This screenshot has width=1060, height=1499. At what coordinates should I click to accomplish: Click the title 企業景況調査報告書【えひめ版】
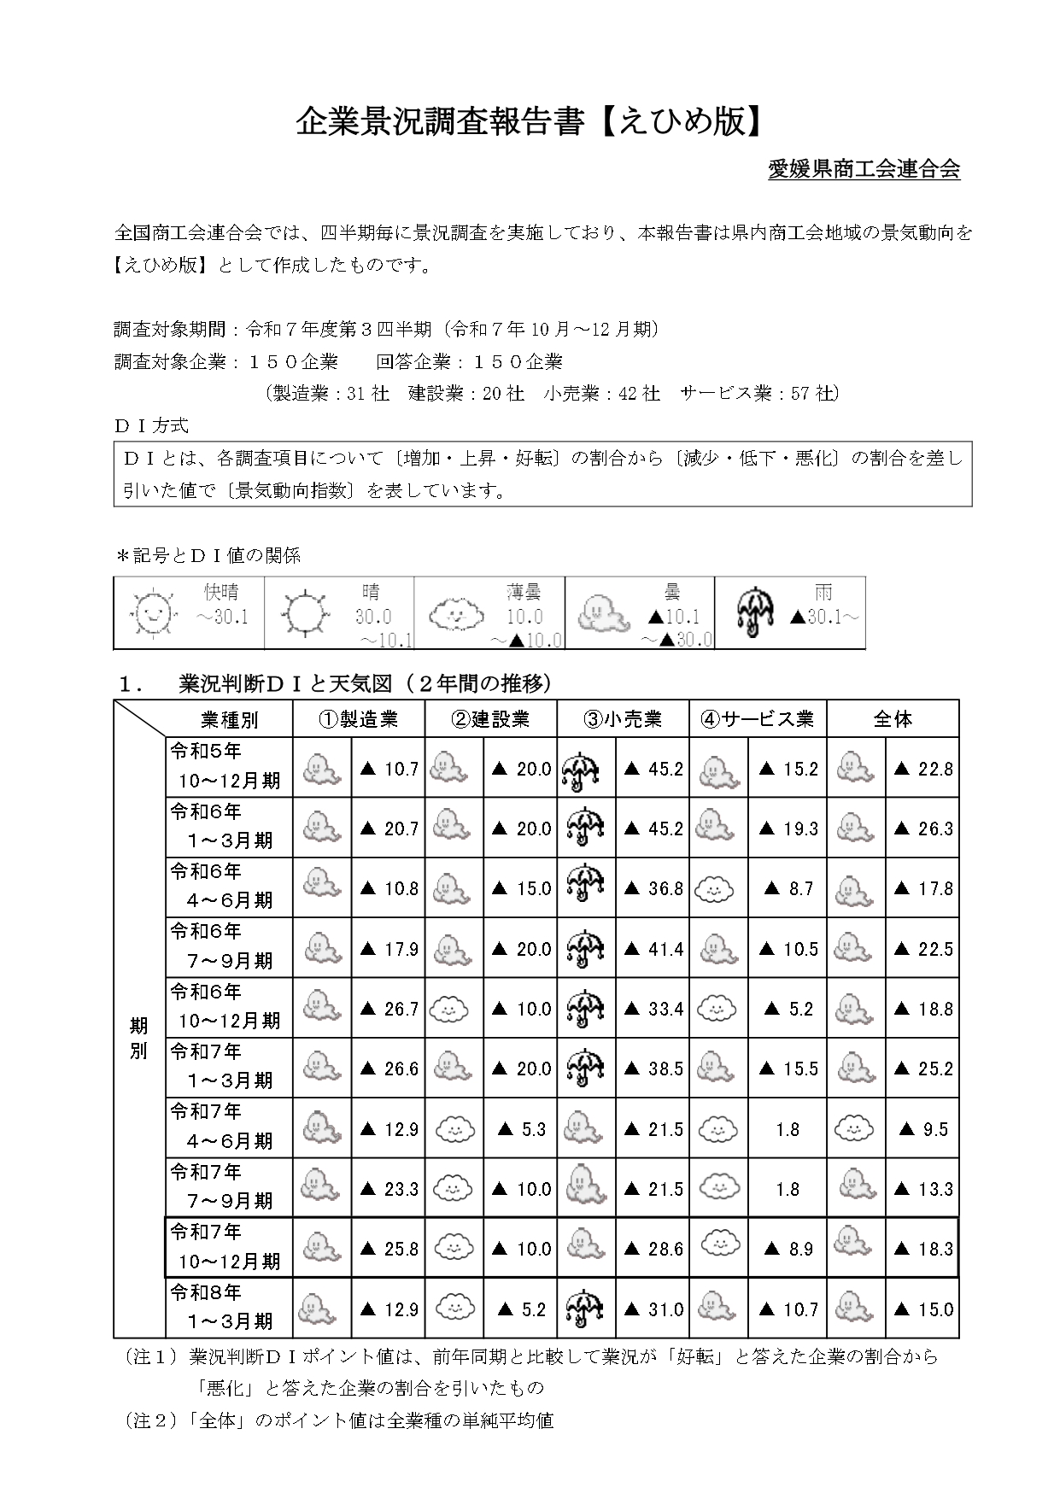point(529,122)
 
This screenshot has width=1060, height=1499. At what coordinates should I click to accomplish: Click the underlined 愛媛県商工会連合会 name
point(864,169)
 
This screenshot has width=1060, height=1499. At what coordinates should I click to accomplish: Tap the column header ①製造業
point(359,719)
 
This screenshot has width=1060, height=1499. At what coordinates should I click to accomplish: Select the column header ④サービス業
point(758,719)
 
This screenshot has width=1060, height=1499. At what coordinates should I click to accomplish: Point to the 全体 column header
point(893,719)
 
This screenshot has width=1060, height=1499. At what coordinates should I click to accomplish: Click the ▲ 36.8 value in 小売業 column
point(653,889)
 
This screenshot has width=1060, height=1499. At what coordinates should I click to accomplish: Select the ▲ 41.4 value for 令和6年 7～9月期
point(653,949)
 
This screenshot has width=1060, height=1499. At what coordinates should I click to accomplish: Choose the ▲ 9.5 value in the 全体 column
point(923,1129)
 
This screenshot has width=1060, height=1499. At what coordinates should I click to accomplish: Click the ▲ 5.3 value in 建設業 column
point(521,1129)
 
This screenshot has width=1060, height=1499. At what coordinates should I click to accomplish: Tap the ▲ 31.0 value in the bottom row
point(653,1309)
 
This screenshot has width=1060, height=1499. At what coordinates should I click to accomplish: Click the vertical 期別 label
point(138,1038)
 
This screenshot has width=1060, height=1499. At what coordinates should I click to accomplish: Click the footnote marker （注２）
point(153,1420)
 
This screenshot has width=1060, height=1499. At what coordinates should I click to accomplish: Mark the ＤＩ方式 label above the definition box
point(151,425)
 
